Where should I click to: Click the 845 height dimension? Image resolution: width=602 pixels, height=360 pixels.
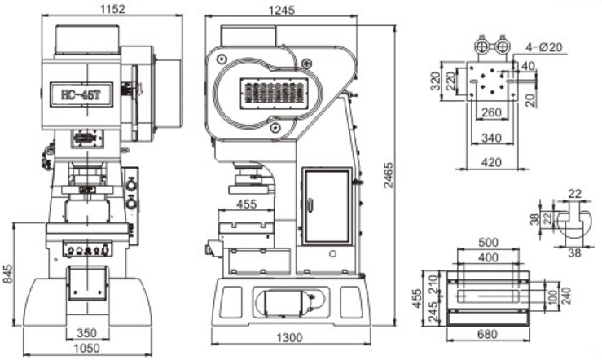coord(9,274)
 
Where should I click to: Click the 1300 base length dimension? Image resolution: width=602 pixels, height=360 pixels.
coord(288,337)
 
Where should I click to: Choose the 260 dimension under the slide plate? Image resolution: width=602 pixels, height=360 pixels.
coord(491,112)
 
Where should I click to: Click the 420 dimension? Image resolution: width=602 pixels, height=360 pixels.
coord(491,162)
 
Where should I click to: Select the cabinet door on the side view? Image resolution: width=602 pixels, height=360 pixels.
coord(326,205)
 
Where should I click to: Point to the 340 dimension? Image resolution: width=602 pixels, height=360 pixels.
coord(491,138)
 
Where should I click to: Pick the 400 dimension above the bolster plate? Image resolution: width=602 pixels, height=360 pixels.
coord(489,257)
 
